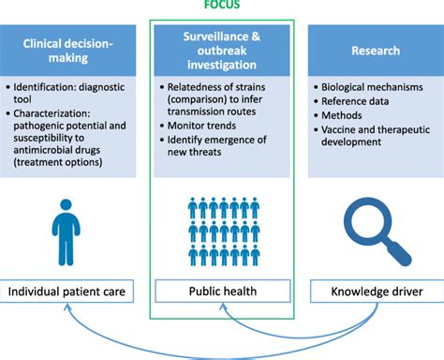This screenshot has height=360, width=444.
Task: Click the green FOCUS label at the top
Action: (222, 5)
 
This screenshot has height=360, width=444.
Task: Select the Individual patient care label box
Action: (74, 292)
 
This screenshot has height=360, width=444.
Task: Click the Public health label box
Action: (222, 292)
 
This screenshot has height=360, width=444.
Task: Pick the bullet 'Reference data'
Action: (355, 103)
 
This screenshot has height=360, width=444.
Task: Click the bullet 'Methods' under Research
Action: (343, 116)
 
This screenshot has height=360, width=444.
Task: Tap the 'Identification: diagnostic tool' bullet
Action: (70, 95)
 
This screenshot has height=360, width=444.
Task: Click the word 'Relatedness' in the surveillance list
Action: (188, 90)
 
